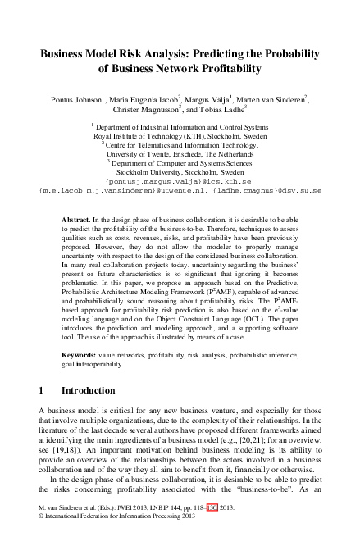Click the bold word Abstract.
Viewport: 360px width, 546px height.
coord(76,221)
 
